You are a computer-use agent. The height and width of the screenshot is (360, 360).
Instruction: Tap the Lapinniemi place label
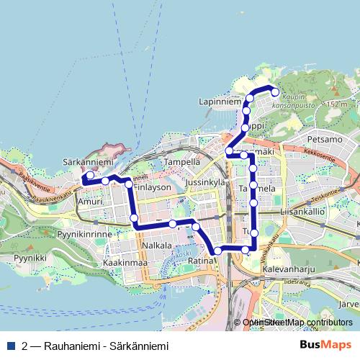(220, 102)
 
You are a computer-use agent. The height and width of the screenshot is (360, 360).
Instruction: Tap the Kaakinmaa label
(125, 264)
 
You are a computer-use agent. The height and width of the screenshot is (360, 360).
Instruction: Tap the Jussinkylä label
(206, 184)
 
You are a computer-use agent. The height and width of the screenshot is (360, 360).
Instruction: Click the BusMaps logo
(325, 345)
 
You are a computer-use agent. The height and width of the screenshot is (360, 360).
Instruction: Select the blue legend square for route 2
(12, 346)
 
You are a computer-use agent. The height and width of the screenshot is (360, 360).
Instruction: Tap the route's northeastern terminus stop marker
(274, 91)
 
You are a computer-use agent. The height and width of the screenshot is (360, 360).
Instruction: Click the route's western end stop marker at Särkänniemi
(90, 175)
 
